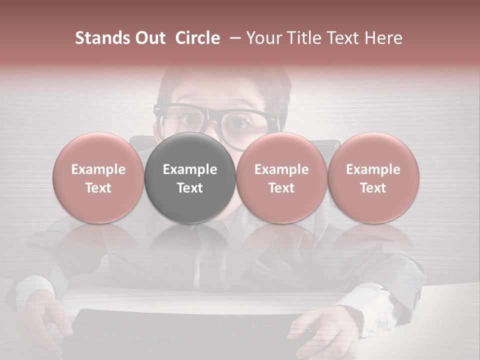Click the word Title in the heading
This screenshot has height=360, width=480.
click(x=304, y=38)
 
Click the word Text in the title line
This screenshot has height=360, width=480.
click(x=344, y=38)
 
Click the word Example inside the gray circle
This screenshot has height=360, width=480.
click(x=190, y=169)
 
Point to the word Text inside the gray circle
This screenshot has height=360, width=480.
click(x=190, y=188)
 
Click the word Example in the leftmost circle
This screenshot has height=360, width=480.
click(x=98, y=169)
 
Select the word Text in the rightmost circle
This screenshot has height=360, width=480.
click(x=373, y=188)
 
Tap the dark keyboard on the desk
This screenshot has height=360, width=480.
click(x=190, y=332)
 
